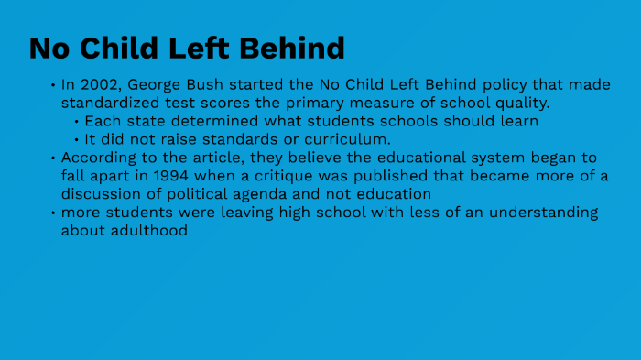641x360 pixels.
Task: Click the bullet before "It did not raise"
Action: click(x=76, y=139)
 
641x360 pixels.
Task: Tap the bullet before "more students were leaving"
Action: click(x=53, y=213)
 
